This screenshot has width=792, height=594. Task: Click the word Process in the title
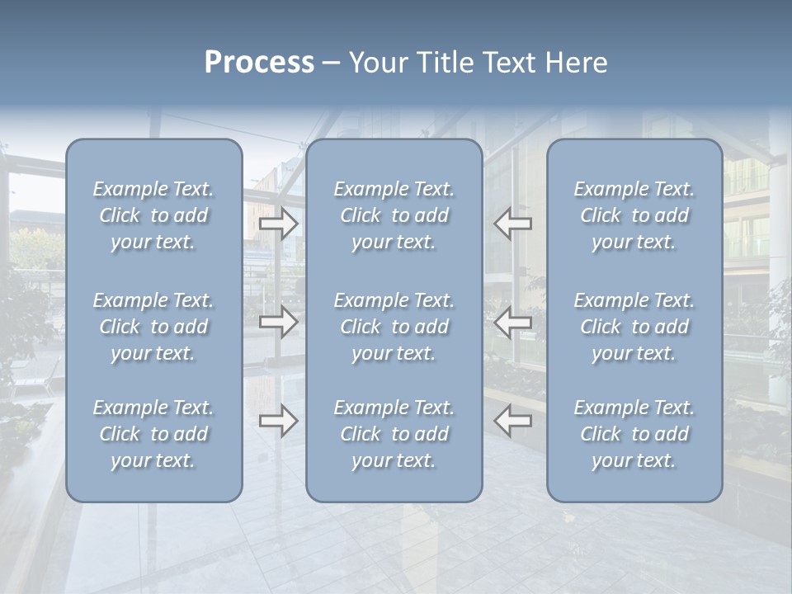point(259,63)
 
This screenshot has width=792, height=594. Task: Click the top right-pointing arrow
point(279,224)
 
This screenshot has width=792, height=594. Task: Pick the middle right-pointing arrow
point(279,322)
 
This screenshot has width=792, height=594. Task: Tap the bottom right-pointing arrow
point(279,421)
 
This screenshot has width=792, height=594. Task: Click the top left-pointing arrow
point(512,224)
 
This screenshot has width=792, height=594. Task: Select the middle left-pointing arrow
point(512,322)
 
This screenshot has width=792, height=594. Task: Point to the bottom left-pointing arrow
point(512,421)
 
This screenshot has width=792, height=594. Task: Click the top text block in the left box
point(153,215)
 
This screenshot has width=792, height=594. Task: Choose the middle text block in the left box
point(153,327)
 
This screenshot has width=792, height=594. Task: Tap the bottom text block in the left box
point(153,434)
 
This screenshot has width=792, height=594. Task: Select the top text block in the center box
point(394,215)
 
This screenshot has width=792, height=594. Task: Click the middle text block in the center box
point(394,327)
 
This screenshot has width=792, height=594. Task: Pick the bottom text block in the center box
point(394,434)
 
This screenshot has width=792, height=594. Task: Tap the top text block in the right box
point(634,215)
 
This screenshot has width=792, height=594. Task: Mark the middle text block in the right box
point(634,327)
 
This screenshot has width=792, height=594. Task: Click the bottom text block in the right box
point(634,434)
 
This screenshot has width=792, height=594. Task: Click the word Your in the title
point(375,63)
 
